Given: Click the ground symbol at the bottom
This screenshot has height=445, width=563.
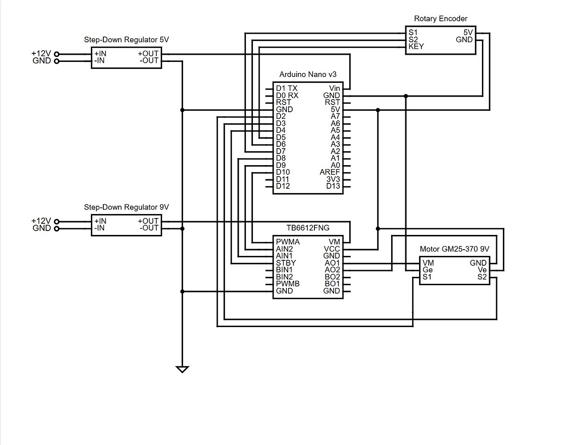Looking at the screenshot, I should click(182, 369).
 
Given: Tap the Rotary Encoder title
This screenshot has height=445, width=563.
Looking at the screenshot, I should click(441, 19).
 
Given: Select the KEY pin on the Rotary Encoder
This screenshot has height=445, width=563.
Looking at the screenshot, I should click(416, 46).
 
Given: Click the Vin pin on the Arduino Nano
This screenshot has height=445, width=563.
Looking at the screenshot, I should click(335, 89).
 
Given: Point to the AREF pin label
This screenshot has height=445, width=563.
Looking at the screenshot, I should click(330, 172).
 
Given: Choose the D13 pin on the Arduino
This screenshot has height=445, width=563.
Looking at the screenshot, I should click(333, 186).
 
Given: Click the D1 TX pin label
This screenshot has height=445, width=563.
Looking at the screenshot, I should click(286, 89).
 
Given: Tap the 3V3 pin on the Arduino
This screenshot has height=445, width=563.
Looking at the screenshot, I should click(333, 179).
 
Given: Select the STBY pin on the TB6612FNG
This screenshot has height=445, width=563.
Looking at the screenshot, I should click(286, 263).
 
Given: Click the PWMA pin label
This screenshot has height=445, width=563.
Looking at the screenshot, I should click(287, 242).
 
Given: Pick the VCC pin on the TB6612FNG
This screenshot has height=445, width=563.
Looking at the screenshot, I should click(332, 249).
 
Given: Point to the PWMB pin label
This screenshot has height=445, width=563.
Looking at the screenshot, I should click(287, 284).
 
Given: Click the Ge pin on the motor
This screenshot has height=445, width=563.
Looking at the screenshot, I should click(428, 270).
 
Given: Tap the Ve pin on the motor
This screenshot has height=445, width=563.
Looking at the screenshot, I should click(482, 270).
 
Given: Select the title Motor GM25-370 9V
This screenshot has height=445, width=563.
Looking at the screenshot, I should click(454, 249).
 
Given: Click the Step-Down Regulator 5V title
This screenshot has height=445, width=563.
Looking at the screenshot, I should click(126, 40).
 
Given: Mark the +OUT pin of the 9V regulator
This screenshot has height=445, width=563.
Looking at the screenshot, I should click(148, 221).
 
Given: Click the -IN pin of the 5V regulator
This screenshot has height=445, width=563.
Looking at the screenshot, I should click(99, 61).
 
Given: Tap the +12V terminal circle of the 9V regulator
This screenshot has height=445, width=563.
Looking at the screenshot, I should click(57, 222).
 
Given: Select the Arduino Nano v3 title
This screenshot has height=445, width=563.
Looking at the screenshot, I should click(308, 75).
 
